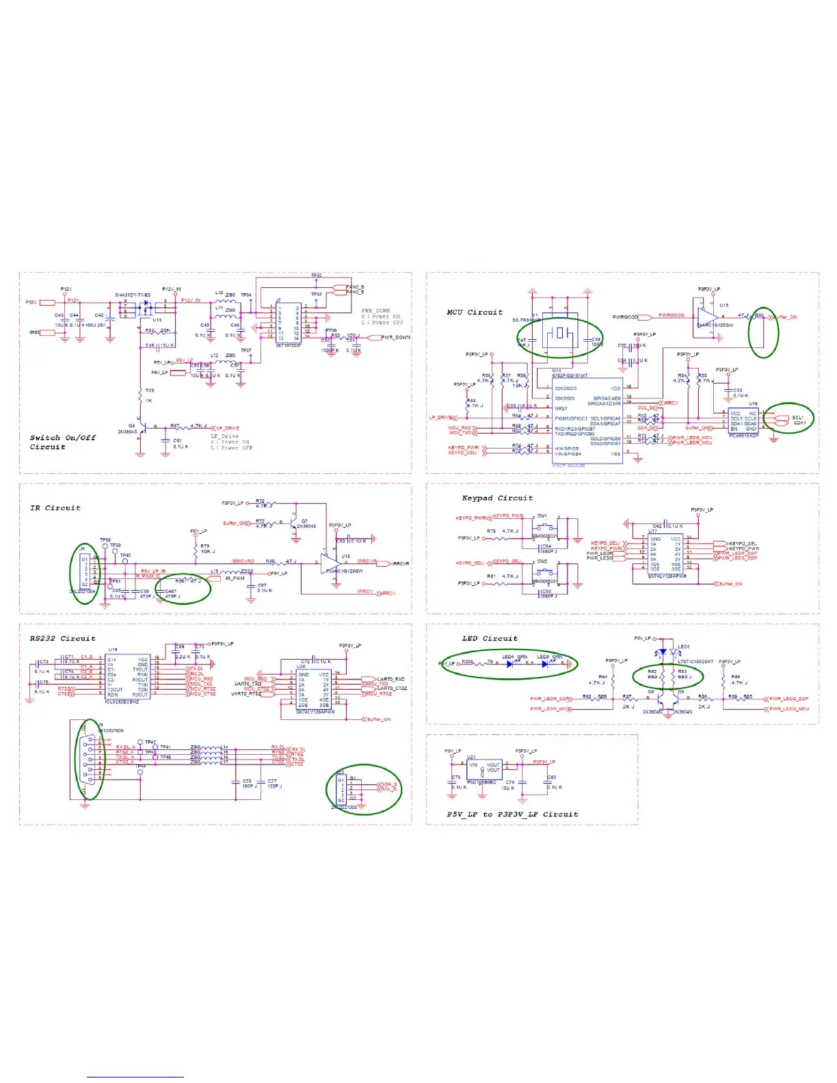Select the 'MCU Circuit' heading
(475, 312)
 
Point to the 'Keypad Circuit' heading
(497, 498)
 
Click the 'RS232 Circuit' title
(62, 639)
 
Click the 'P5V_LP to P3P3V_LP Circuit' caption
(512, 814)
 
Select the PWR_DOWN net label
(396, 338)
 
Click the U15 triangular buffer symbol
(708, 317)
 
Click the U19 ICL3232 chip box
(127, 676)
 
